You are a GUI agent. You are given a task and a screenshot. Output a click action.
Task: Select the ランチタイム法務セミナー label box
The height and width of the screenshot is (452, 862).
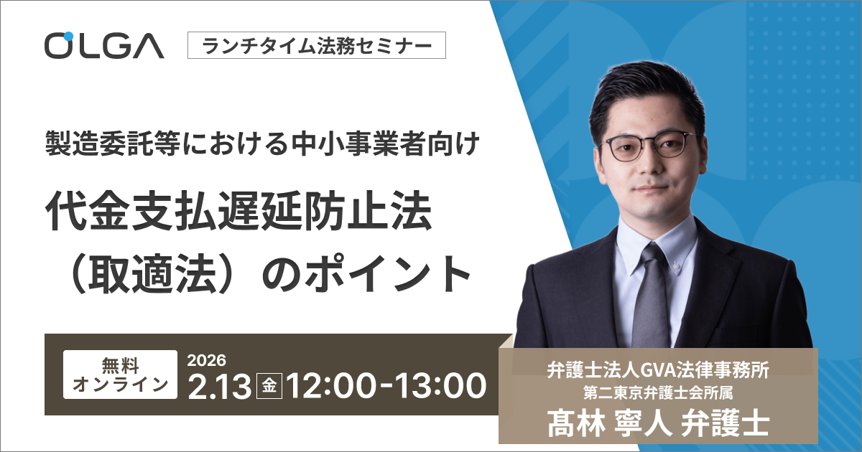(317, 47)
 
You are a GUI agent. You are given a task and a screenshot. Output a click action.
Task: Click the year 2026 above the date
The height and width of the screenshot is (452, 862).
(207, 359)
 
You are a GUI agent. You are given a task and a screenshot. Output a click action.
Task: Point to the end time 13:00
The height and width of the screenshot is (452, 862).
(435, 387)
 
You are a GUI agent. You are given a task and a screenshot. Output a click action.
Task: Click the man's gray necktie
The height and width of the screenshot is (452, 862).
(650, 294)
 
